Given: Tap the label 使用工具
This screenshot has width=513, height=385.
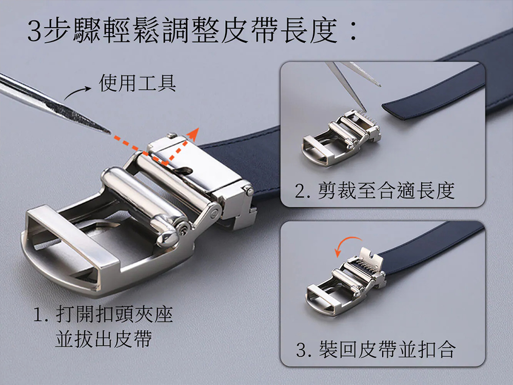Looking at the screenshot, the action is click(x=137, y=83).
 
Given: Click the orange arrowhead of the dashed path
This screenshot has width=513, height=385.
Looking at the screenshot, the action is click(x=193, y=134).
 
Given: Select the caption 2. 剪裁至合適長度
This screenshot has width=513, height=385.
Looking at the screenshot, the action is click(x=374, y=190).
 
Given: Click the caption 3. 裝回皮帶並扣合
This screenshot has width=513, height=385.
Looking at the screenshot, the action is click(x=376, y=349).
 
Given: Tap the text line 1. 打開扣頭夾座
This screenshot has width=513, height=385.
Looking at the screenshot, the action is click(x=104, y=315).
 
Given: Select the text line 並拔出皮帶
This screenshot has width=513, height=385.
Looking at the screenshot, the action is click(x=104, y=339).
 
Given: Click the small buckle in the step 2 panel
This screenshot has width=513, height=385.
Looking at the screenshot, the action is click(x=342, y=138).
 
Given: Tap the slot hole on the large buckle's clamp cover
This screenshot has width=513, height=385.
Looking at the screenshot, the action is click(x=184, y=170).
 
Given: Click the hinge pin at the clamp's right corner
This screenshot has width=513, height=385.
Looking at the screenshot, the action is click(x=249, y=190).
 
